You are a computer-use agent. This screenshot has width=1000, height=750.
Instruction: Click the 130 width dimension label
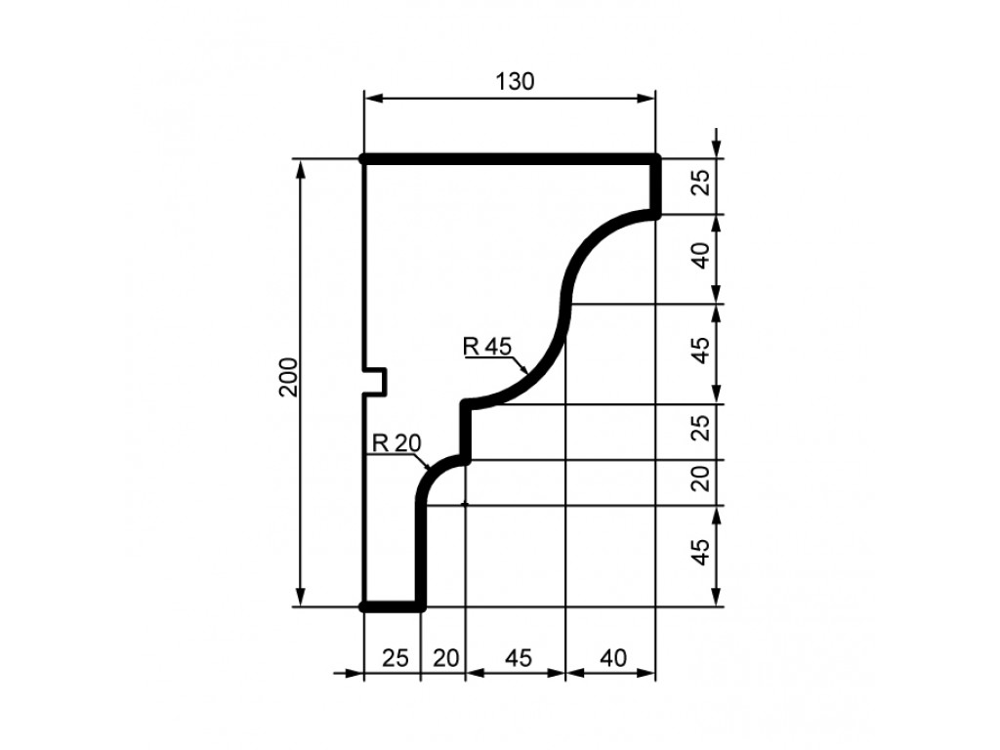point(515,82)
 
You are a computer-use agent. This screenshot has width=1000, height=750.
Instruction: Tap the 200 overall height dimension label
point(289,377)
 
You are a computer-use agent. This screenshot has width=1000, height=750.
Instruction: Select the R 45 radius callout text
point(487,347)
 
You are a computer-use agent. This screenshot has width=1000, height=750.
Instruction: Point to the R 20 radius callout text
point(396,442)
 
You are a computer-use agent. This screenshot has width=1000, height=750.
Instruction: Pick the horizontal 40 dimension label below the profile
point(613,657)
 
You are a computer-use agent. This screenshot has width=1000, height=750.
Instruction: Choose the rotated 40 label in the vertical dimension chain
point(700,256)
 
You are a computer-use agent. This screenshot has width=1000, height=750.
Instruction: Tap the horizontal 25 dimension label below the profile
point(395,657)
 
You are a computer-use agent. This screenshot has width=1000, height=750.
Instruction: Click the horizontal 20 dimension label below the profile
point(445,657)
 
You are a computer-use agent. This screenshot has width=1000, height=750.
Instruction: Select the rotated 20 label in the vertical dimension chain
point(700,479)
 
